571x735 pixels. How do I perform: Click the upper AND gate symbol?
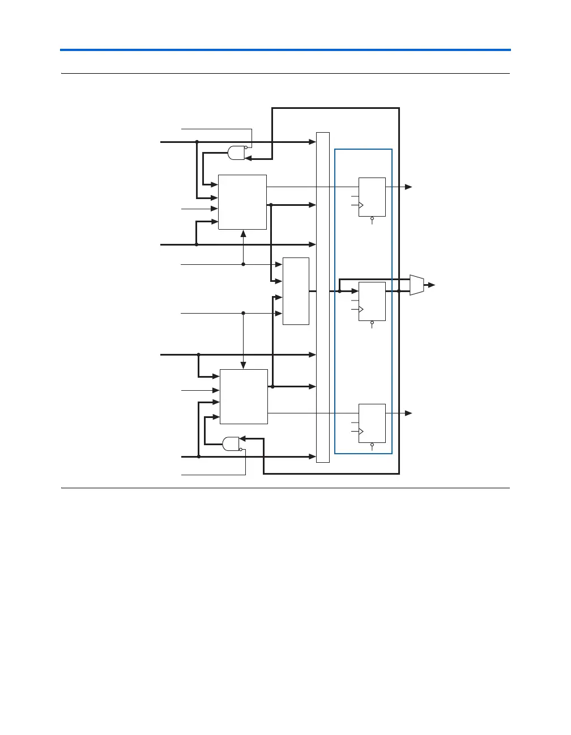coord(236,153)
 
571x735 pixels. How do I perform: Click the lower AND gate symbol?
coord(231,443)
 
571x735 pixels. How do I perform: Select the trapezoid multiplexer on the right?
coord(417,285)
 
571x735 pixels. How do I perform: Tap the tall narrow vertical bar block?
coord(322,297)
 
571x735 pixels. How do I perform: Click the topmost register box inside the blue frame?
coord(372,197)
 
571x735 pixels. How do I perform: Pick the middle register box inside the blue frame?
coord(372,301)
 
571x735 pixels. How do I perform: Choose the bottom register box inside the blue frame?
coord(372,423)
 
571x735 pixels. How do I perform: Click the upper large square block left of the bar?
coord(242,202)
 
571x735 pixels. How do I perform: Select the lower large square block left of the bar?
coord(244,396)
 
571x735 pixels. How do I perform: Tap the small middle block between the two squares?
coord(296,291)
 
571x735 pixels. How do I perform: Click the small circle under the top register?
coord(372,218)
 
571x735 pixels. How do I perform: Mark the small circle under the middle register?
coord(372,323)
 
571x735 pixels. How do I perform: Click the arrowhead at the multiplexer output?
coord(432,285)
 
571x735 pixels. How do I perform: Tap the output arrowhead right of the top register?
coord(408,187)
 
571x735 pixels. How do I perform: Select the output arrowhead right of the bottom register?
coord(408,413)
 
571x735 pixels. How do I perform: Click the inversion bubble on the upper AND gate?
coord(246,147)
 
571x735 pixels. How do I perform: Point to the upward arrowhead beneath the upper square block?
coord(243,233)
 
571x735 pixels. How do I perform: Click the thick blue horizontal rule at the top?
coord(285,50)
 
